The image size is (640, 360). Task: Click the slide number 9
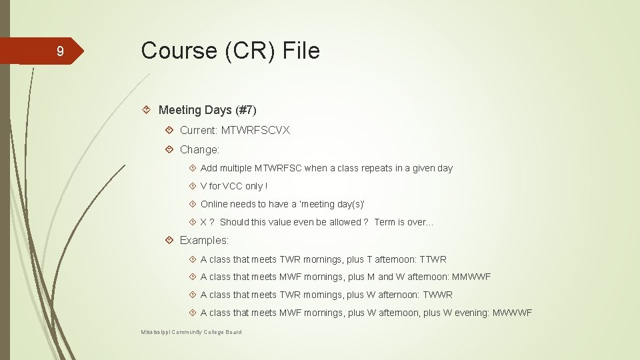pyautogui.click(x=60, y=52)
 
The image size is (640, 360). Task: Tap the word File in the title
pyautogui.click(x=302, y=51)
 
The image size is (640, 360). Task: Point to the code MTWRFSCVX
pyautogui.click(x=255, y=130)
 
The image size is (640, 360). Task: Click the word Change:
pyautogui.click(x=199, y=150)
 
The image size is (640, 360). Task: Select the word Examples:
pyautogui.click(x=204, y=240)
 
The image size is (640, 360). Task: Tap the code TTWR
pyautogui.click(x=433, y=259)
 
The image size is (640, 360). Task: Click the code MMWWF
pyautogui.click(x=471, y=277)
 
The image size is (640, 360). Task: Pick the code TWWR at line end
pyautogui.click(x=439, y=295)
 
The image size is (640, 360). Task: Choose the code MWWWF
pyautogui.click(x=512, y=313)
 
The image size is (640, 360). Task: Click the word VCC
pyautogui.click(x=233, y=186)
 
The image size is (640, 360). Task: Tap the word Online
pyautogui.click(x=214, y=204)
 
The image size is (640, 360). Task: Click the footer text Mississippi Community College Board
pyautogui.click(x=191, y=332)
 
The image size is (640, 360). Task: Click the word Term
pyautogui.click(x=385, y=222)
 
